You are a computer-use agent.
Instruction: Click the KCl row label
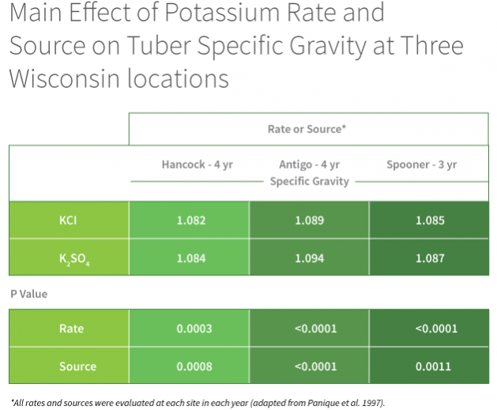pyautogui.click(x=68, y=220)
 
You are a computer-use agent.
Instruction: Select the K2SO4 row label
pyautogui.click(x=74, y=259)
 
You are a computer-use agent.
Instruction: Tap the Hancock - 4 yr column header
pyautogui.click(x=198, y=165)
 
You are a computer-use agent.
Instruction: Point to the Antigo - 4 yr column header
pyautogui.click(x=310, y=165)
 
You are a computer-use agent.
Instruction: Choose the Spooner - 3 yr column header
pyautogui.click(x=422, y=165)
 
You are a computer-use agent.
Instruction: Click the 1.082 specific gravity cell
pyautogui.click(x=191, y=220)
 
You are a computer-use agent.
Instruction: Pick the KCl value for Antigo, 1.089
pyautogui.click(x=310, y=220)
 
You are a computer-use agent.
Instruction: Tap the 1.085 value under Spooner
pyautogui.click(x=430, y=220)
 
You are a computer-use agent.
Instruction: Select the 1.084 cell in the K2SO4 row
pyautogui.click(x=191, y=258)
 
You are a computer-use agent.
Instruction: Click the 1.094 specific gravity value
pyautogui.click(x=310, y=258)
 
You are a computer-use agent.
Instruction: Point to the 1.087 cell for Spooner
pyautogui.click(x=430, y=258)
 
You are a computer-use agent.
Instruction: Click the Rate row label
pyautogui.click(x=71, y=328)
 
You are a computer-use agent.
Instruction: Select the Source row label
pyautogui.click(x=77, y=366)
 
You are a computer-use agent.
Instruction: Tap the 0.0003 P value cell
pyautogui.click(x=194, y=328)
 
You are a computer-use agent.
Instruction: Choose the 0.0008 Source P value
pyautogui.click(x=194, y=366)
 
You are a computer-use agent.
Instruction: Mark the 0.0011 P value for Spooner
pyautogui.click(x=433, y=366)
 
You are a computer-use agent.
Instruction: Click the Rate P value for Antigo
pyautogui.click(x=316, y=328)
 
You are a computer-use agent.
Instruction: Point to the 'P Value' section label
pyautogui.click(x=29, y=294)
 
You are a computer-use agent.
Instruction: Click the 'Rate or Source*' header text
pyautogui.click(x=307, y=129)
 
